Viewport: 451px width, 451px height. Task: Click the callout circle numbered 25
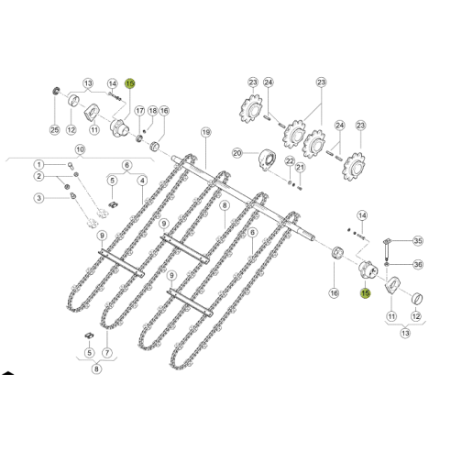pos(55,130)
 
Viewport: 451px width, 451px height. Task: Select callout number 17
pos(140,110)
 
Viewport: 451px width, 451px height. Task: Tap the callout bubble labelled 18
pos(153,110)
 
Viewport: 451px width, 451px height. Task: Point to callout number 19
pos(205,132)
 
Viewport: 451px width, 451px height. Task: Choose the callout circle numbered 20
pos(236,154)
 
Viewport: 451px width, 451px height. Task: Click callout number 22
pos(289,161)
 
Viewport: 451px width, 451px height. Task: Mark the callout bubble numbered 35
pos(419,241)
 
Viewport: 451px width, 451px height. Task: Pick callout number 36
pos(419,264)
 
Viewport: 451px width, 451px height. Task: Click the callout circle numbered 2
pos(38,176)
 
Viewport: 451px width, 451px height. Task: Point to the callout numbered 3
pos(38,198)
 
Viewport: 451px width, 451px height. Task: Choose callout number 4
pos(143,180)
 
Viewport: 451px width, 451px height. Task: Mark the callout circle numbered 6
pos(126,165)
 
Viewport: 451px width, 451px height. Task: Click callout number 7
pos(108,352)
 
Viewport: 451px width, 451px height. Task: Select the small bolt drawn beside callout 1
pos(71,164)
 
